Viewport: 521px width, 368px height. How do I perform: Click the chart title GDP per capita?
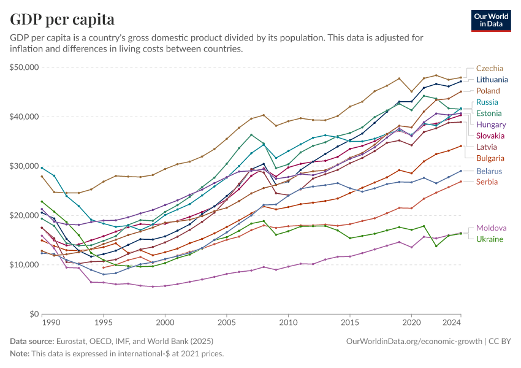pos(62,20)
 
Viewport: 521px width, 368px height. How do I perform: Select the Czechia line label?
pos(490,68)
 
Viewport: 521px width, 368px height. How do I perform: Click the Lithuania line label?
pos(492,80)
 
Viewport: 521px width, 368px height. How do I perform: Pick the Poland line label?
pos(489,91)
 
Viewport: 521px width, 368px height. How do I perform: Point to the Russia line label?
pos(487,102)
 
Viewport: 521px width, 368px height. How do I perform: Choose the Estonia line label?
pos(489,113)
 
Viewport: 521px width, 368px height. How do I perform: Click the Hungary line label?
pos(490,125)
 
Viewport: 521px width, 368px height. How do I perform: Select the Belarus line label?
pos(490,171)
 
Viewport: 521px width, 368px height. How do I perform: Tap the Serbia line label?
pos(487,182)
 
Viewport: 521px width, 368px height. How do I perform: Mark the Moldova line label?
pos(491,228)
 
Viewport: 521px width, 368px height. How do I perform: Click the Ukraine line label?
pos(490,239)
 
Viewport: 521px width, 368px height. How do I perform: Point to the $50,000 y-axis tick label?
pos(25,67)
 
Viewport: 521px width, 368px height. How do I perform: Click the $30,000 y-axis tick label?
pos(25,166)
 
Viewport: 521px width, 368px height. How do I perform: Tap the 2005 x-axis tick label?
pos(227,323)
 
